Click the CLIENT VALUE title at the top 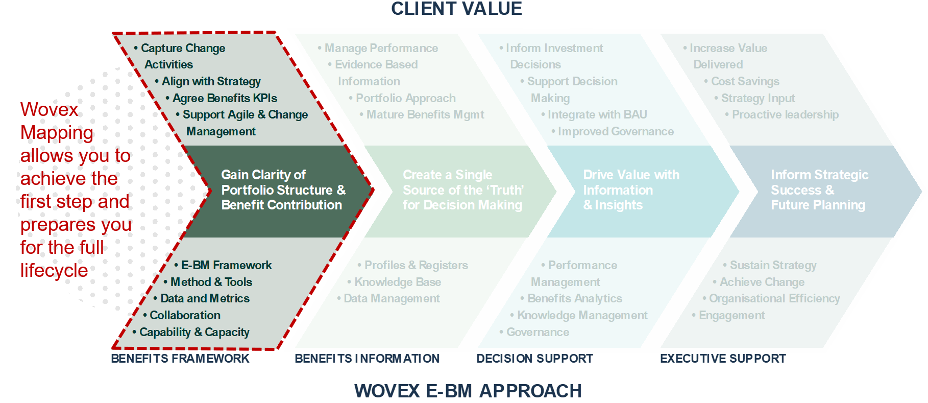(456, 9)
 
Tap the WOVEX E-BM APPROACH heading (468, 391)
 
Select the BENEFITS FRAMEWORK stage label (180, 359)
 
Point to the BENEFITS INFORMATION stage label (367, 359)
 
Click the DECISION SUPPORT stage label (534, 359)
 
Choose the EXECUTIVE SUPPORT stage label (723, 359)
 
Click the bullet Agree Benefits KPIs (225, 98)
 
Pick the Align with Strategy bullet (211, 81)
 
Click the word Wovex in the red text (50, 109)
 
